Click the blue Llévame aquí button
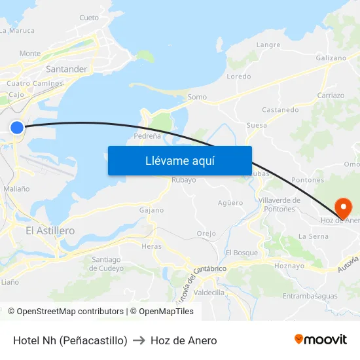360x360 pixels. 179,160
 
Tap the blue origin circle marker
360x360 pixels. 17,128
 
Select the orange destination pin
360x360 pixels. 343,207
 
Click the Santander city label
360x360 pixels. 66,69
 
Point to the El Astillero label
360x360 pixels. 50,230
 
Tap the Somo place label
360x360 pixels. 197,97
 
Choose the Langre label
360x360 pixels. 268,45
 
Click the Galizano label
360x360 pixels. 331,58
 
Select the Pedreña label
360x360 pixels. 147,136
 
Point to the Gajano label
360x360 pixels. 151,210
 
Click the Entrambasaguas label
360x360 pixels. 310,296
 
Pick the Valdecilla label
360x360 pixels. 209,293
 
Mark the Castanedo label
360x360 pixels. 281,109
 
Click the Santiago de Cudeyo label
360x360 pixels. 105,264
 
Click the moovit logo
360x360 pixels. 321,339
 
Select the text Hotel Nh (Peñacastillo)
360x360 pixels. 70,340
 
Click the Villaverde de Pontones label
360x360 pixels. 279,204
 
